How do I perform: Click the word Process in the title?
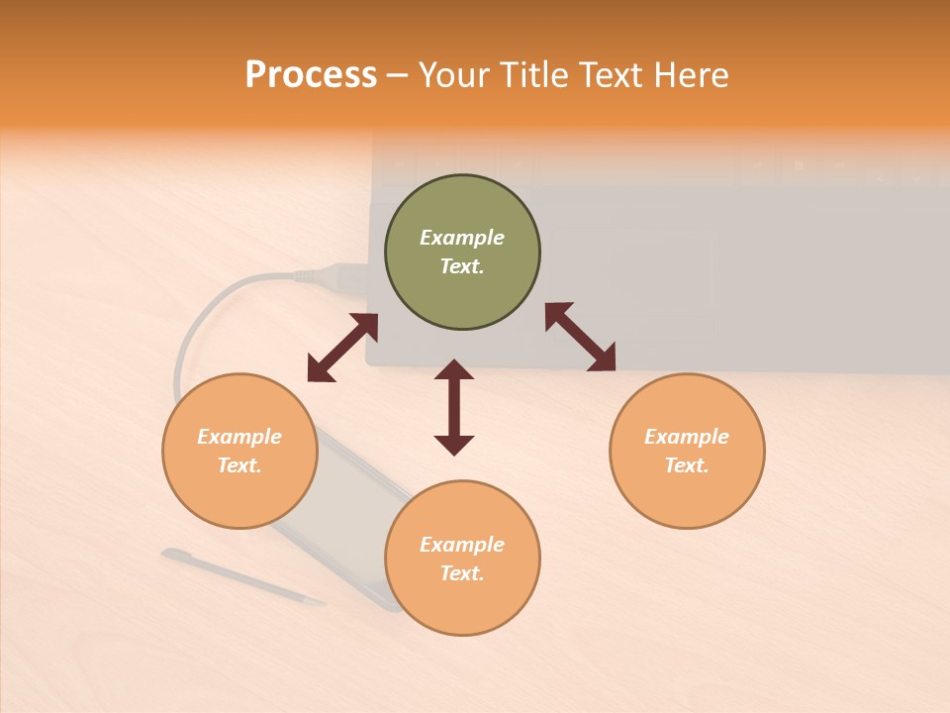311,75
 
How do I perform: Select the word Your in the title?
454,75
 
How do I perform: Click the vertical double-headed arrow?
454,407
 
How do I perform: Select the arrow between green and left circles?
342,348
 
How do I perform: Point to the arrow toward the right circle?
580,337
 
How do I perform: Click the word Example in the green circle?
462,238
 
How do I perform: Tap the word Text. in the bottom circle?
462,573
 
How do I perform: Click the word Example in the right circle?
687,437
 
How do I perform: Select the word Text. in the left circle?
239,465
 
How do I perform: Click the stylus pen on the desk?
242,576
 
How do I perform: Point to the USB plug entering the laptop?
341,274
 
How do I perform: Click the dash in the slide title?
398,75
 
